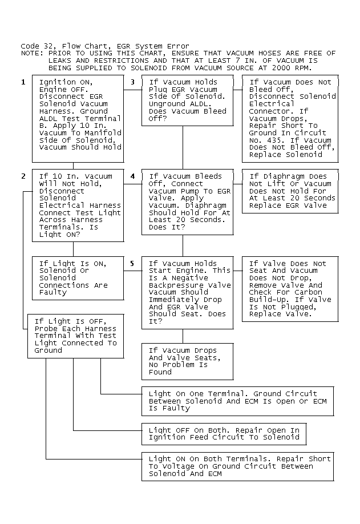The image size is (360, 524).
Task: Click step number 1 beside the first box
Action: [23, 82]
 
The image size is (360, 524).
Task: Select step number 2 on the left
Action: [23, 176]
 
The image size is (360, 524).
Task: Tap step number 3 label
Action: [132, 82]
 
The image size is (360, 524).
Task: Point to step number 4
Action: [132, 176]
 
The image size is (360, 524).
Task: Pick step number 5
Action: [132, 264]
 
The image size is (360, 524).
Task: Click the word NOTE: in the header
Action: [32, 53]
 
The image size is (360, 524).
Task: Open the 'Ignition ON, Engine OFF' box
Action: [78, 119]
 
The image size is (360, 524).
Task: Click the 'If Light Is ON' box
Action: [78, 278]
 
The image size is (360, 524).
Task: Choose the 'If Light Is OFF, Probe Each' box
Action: [75, 336]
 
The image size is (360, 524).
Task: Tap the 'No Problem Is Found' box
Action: [187, 361]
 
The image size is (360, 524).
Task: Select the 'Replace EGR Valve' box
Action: [290, 191]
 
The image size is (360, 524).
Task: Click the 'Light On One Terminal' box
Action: [237, 401]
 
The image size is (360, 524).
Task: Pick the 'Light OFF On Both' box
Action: [224, 434]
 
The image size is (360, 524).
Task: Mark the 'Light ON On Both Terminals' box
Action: [237, 466]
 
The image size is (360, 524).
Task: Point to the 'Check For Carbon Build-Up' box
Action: [290, 289]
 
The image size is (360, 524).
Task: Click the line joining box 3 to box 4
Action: [183, 148]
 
